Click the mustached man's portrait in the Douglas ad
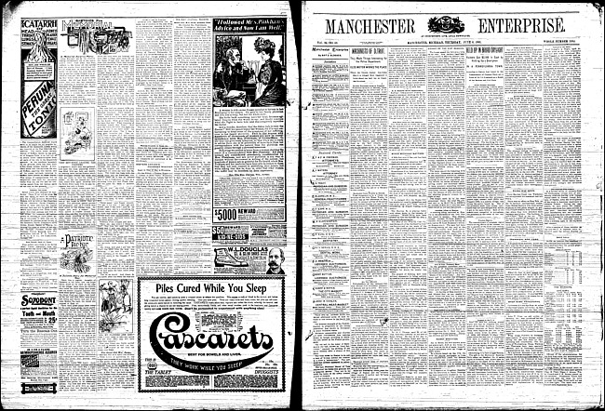pyautogui.click(x=275, y=260)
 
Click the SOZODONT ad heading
pyautogui.click(x=38, y=300)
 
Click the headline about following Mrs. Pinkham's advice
pyautogui.click(x=249, y=27)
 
